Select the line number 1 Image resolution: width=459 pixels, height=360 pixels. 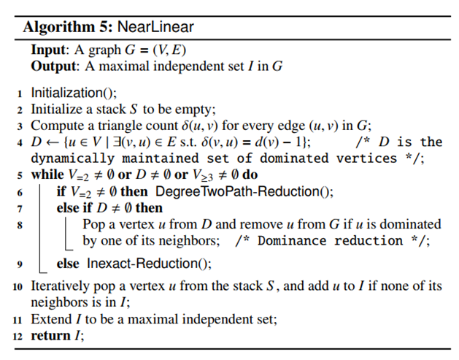click(x=20, y=93)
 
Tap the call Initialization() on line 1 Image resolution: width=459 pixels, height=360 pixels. click(x=73, y=93)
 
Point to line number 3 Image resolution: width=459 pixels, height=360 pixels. click(x=20, y=126)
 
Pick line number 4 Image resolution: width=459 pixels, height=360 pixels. click(x=20, y=142)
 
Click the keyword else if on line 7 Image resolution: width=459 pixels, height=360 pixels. click(x=71, y=208)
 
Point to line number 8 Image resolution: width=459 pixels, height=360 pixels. click(x=20, y=224)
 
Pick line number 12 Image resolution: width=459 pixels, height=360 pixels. click(x=17, y=335)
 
